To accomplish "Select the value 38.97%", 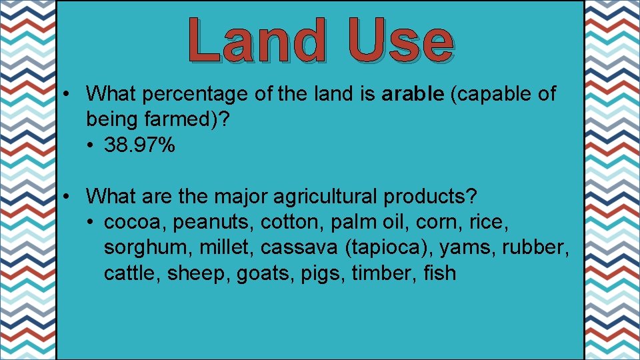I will pyautogui.click(x=140, y=145).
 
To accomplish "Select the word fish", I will pyautogui.click(x=440, y=273).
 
